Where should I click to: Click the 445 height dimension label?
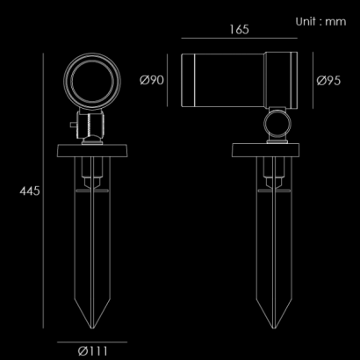coord(29,191)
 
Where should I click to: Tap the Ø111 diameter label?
coord(93,351)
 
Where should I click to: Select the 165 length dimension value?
coord(239,30)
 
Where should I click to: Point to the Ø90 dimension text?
coord(152,80)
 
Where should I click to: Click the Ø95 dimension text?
coord(328,81)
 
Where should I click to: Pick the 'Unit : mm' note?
coord(320,22)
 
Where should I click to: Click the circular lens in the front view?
coord(92,82)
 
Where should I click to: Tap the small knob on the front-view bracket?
coord(73,125)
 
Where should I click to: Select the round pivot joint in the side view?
coord(277,124)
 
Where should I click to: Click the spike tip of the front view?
coord(92,328)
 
